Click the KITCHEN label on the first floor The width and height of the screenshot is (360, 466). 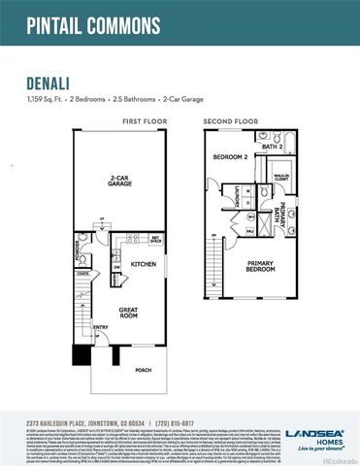tap(144, 264)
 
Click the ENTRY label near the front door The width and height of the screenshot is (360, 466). tap(101, 327)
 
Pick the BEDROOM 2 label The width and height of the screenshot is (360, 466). tap(229, 155)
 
